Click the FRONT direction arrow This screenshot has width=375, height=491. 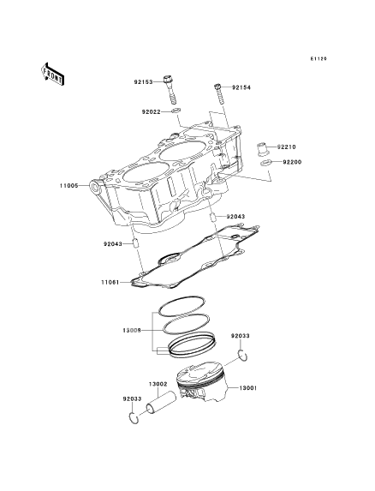click(x=52, y=74)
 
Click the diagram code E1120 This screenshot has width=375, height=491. click(x=318, y=58)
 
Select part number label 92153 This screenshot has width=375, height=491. click(x=144, y=82)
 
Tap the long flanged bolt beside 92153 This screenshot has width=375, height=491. click(x=170, y=89)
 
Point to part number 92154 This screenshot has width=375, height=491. click(x=241, y=87)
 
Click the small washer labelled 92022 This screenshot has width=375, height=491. click(x=176, y=110)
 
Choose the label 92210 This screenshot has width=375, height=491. click(x=286, y=147)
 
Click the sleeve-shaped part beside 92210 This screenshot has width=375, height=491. click(x=262, y=149)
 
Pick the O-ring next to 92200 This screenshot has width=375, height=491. click(x=265, y=163)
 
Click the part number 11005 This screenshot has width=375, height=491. click(x=68, y=186)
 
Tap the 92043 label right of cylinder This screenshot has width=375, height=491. click(x=235, y=217)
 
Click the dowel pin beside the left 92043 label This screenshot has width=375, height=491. click(x=136, y=243)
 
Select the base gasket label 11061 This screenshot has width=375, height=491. click(x=110, y=283)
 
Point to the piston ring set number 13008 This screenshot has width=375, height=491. click(x=132, y=331)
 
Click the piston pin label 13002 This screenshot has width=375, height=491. click(x=158, y=384)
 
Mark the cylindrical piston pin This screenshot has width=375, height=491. click(x=161, y=403)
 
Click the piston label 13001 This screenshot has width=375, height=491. click(x=248, y=388)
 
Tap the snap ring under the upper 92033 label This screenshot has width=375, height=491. click(x=242, y=356)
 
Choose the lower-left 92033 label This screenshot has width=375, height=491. click(x=132, y=399)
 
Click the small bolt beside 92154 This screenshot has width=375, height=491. click(x=219, y=94)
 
